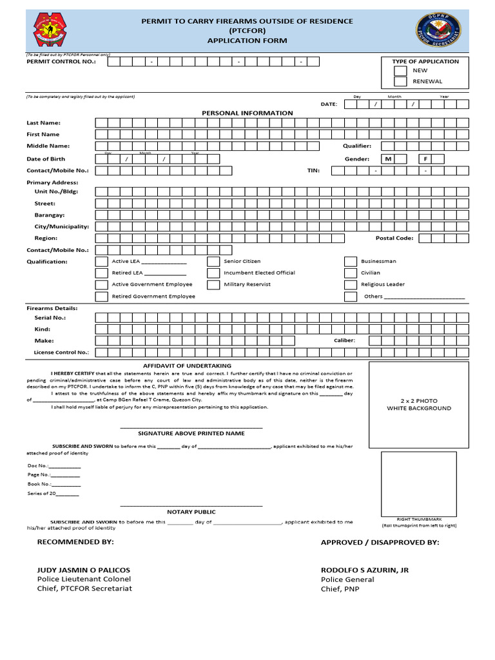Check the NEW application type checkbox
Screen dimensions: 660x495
[400, 71]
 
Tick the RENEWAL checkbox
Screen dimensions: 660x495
[400, 82]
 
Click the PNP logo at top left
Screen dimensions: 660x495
[53, 30]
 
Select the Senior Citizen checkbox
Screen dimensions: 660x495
[213, 262]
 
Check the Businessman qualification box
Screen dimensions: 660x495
[350, 262]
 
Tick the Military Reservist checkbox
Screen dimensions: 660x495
[213, 284]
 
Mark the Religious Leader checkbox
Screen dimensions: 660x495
[350, 284]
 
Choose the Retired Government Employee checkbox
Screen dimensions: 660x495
[101, 296]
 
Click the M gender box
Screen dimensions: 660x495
[388, 159]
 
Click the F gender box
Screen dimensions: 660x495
[425, 159]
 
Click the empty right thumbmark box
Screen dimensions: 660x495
[418, 483]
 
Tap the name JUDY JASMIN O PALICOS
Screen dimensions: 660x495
[84, 570]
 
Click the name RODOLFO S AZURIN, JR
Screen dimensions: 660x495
[365, 570]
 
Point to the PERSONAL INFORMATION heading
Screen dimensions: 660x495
[247, 113]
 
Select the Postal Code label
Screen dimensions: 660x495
[394, 238]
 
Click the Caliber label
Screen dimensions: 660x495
[344, 340]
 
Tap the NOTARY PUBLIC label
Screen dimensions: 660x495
[191, 512]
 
